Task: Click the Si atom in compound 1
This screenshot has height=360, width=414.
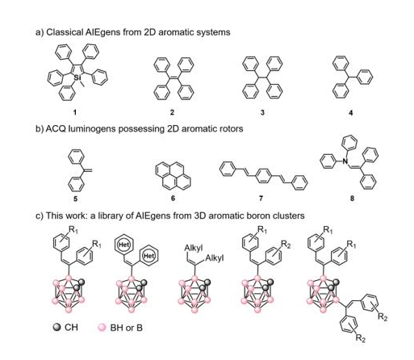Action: pos(77,77)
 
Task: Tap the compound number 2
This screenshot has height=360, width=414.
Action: pos(172,112)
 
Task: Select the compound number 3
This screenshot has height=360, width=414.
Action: pos(262,112)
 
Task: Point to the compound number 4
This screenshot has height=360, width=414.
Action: pos(351,112)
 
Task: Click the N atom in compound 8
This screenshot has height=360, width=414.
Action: pos(345,161)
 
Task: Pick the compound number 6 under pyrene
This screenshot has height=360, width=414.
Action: pos(173,199)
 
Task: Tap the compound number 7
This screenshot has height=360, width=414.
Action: pos(261,199)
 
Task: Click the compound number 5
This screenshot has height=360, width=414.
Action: pos(75,199)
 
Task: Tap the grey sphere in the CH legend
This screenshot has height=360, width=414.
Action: pos(56,327)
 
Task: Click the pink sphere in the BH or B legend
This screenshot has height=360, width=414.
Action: pos(102,328)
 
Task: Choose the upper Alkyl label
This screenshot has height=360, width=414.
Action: pos(194,248)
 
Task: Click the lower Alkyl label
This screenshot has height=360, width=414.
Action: pos(215,258)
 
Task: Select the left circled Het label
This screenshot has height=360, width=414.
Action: pos(124,245)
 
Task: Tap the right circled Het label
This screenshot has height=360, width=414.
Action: pos(148,255)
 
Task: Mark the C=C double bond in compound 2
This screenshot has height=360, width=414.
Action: pos(174,77)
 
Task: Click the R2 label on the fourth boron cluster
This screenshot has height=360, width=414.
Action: pos(286,245)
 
